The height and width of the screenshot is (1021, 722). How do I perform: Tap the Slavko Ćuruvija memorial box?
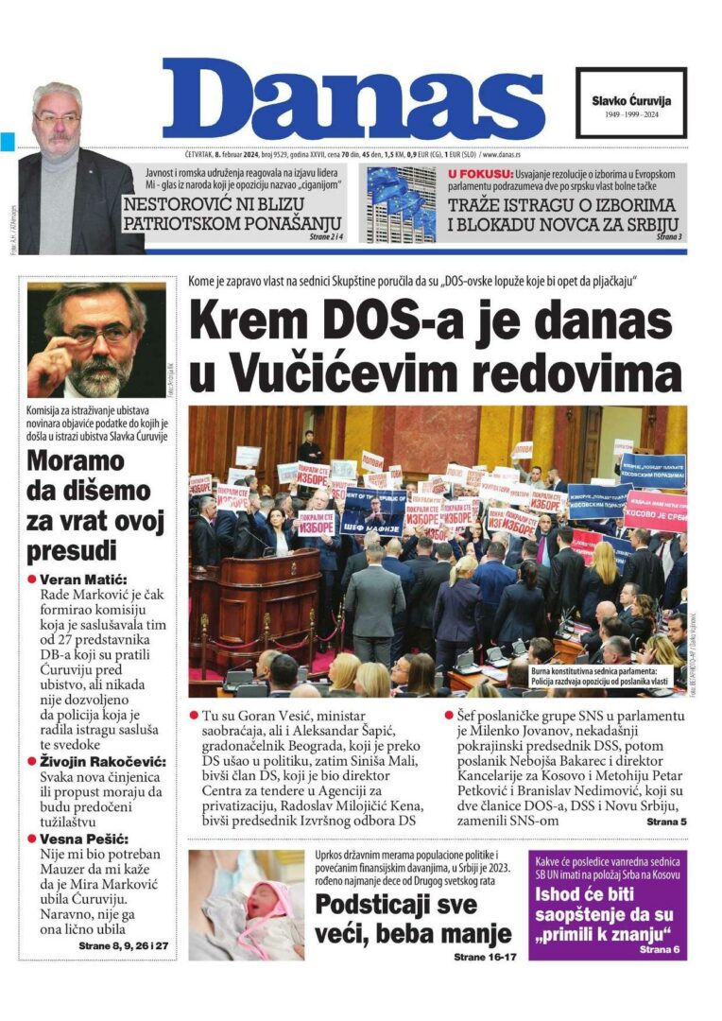(x=630, y=103)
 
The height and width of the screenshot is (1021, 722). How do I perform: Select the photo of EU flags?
(x=401, y=204)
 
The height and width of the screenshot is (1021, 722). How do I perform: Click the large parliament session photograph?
(x=437, y=552)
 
